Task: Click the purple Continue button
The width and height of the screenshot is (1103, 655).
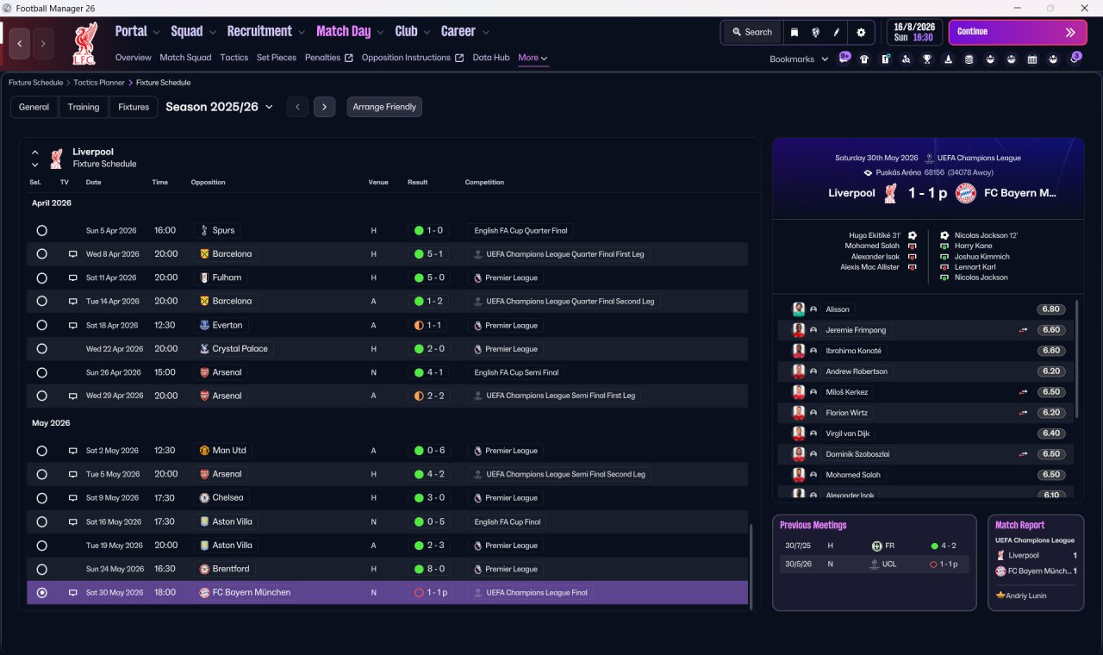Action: coord(1018,32)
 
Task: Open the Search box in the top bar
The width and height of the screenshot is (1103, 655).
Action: coord(752,32)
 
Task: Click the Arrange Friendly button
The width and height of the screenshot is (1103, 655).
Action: coord(384,107)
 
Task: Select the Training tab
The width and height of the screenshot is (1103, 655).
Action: coord(84,107)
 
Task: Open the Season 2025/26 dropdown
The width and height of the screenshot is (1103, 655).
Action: coord(219,107)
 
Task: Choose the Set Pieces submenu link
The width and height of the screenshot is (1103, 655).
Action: coord(277,58)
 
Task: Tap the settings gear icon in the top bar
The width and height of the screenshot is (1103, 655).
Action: coord(861,33)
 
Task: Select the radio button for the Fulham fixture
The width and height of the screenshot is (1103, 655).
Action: coord(42,278)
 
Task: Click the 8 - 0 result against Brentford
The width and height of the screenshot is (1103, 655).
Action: coord(430,569)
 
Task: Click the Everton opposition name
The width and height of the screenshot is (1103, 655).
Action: coord(227,326)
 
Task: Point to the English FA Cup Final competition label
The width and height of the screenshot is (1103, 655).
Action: coord(508,522)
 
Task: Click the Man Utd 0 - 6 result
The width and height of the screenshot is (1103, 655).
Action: coord(430,451)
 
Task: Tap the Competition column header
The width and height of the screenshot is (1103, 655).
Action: coord(484,182)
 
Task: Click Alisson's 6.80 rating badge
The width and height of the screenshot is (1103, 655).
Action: coord(1050,309)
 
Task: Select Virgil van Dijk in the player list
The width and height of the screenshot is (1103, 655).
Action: coord(847,434)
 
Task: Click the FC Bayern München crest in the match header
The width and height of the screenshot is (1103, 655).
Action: coord(966,193)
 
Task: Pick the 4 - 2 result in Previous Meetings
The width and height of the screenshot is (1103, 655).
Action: coord(944,546)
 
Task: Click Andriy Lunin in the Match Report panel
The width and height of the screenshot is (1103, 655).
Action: coord(1025,596)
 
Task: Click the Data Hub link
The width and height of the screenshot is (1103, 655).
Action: coord(491,58)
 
